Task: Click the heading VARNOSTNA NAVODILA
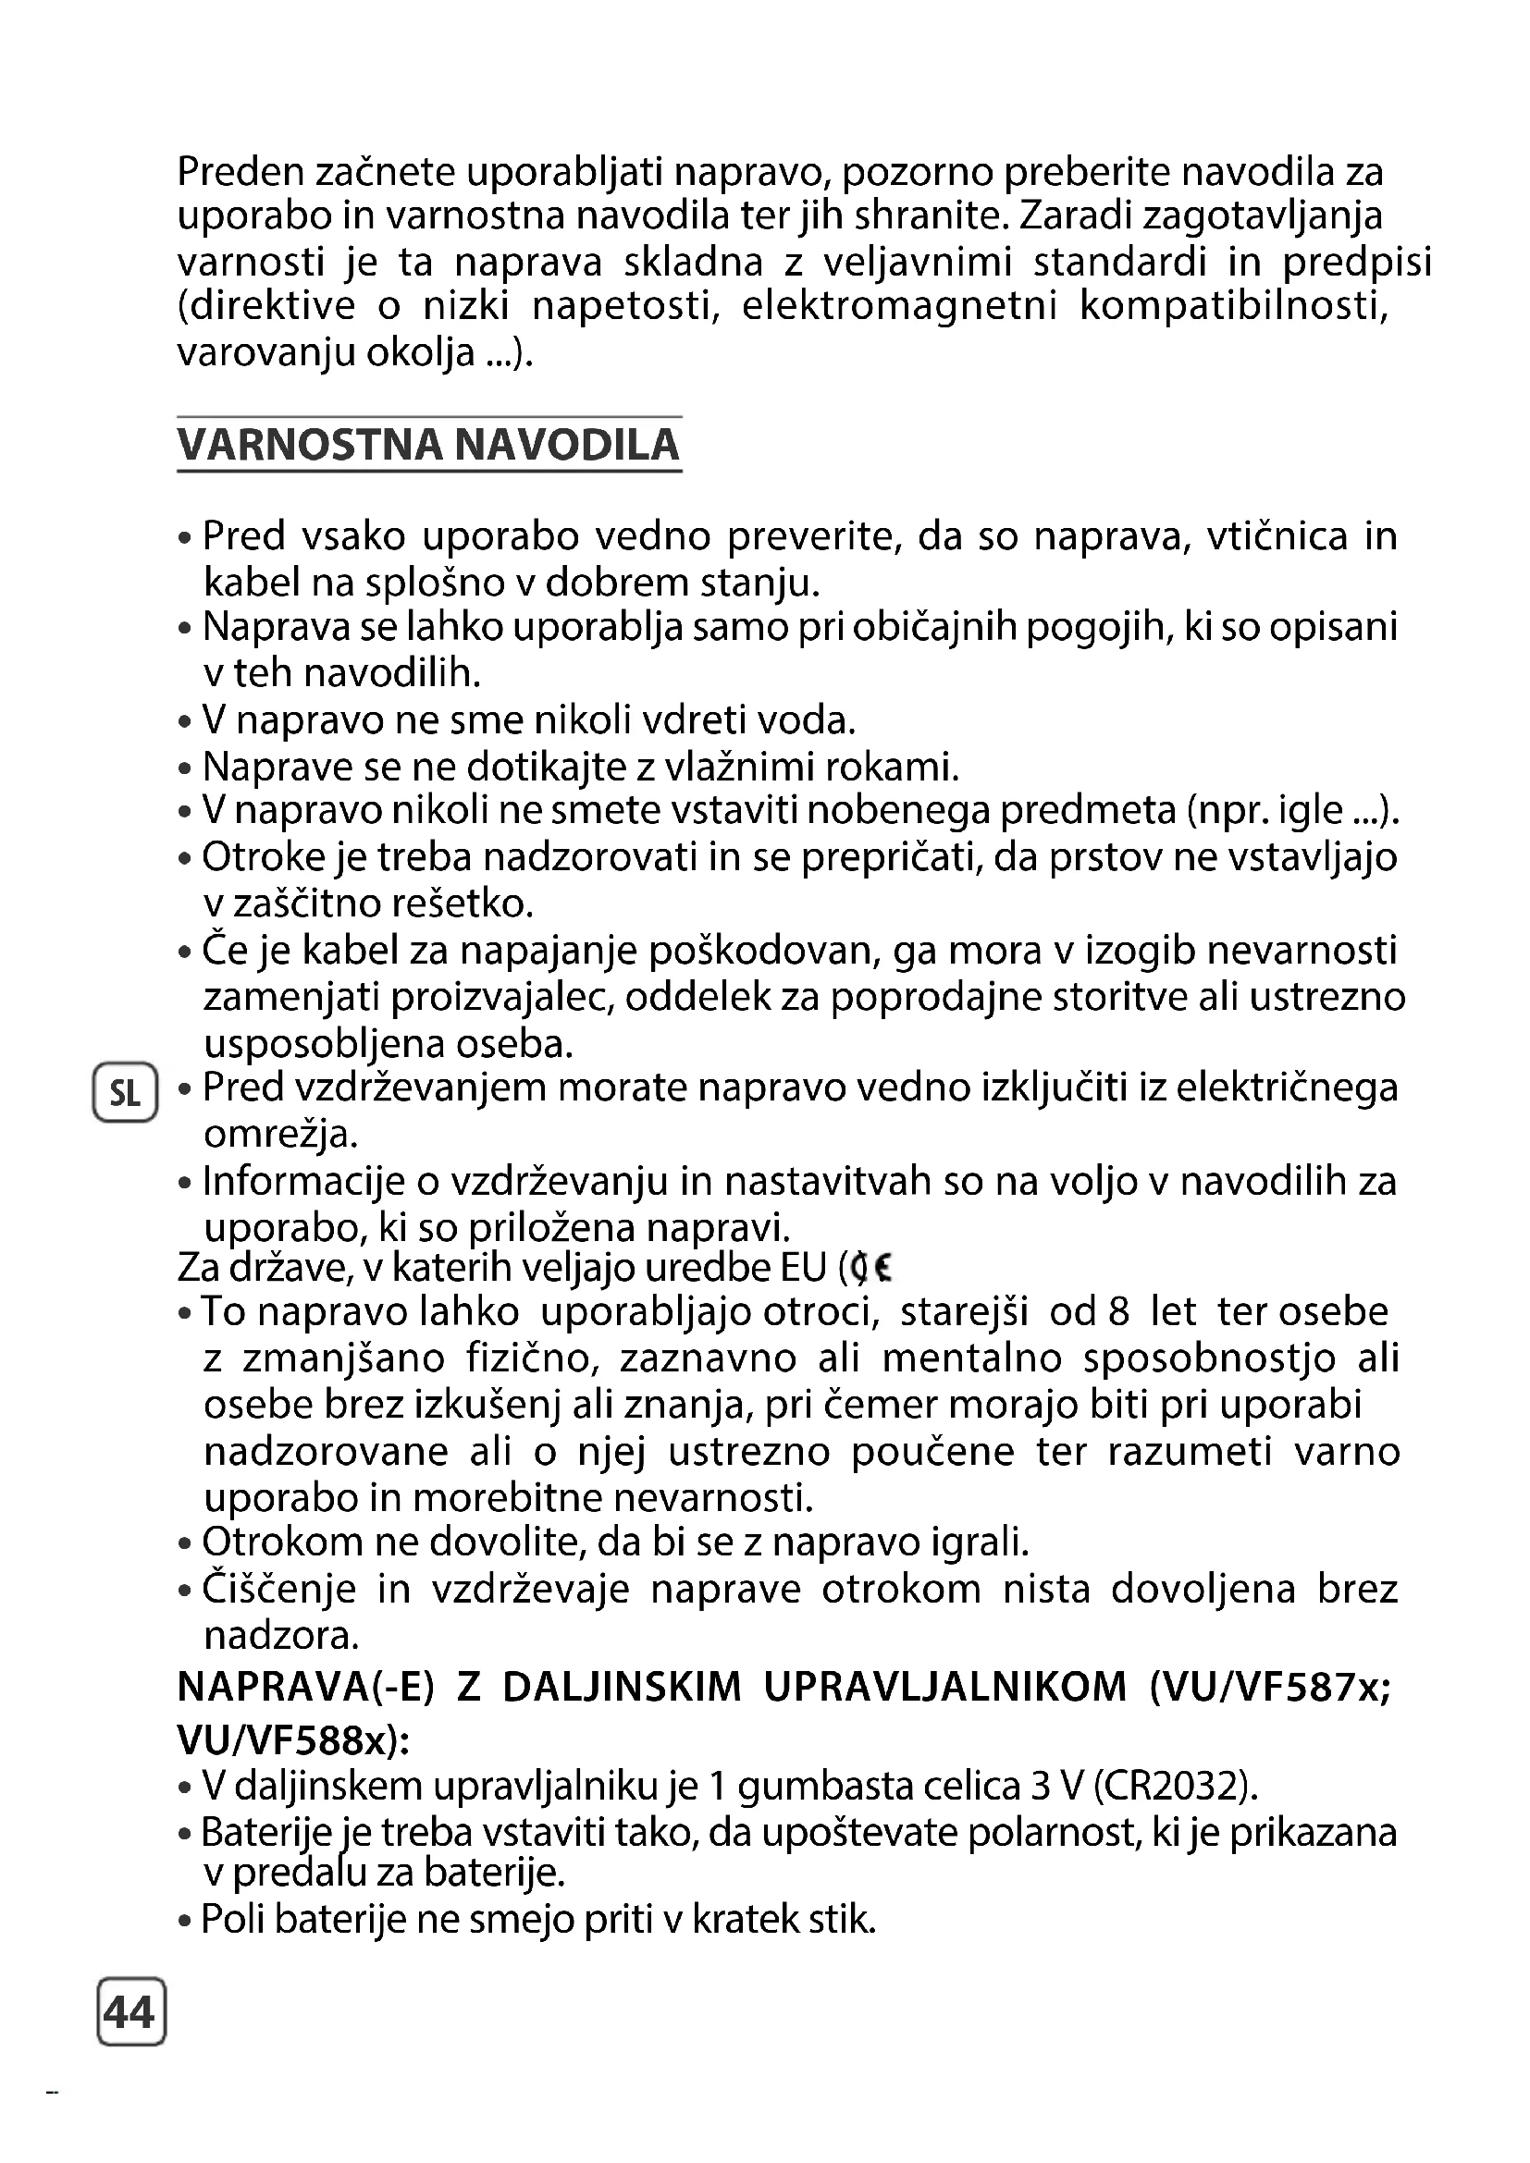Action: tap(428, 445)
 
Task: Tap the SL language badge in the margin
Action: tap(124, 1094)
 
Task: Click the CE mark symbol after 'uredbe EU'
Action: tap(870, 1270)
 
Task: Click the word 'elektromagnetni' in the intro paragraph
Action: tap(900, 307)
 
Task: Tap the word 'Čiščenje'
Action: tap(279, 1590)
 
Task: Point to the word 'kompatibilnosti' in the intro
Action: tap(1234, 307)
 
